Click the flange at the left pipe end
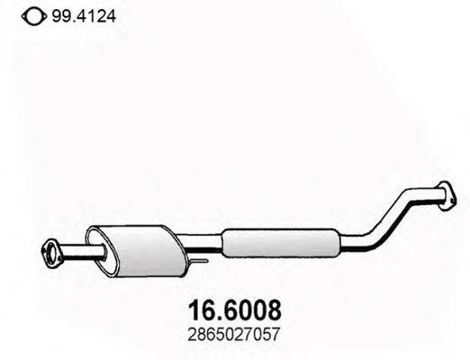(52, 250)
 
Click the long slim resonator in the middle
(280, 242)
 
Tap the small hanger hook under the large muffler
(200, 262)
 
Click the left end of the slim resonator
(225, 242)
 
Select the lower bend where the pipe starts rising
(375, 237)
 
